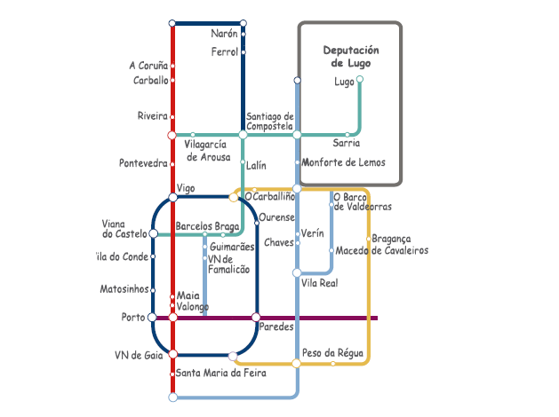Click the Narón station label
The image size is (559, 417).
click(x=225, y=34)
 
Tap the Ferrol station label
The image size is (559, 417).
click(x=225, y=52)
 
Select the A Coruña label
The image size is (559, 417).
click(x=148, y=66)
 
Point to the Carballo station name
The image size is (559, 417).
click(x=150, y=80)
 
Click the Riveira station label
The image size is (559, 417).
click(x=152, y=116)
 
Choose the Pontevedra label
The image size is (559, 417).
click(x=143, y=163)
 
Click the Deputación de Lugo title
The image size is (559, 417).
click(x=350, y=57)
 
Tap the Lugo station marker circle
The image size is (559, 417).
click(x=359, y=80)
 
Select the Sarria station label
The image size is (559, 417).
click(x=347, y=143)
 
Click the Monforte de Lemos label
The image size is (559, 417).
click(x=343, y=162)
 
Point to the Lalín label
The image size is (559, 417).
click(x=256, y=165)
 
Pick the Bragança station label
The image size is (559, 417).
click(x=392, y=239)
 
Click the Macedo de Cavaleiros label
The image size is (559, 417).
click(x=382, y=251)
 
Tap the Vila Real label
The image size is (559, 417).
click(x=320, y=283)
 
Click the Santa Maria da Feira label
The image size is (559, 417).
click(x=221, y=374)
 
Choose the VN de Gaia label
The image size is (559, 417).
click(x=140, y=355)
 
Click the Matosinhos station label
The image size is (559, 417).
click(x=124, y=289)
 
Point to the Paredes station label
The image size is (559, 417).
click(x=276, y=327)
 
